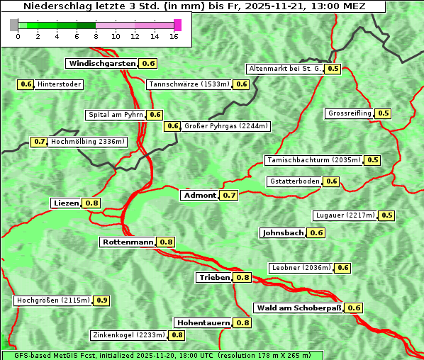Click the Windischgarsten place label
pos(101,64)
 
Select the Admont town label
pos(199,196)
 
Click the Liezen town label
pos(66,203)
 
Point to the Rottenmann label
pos(128,242)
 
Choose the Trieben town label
pos(214,278)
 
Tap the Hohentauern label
pos(203,323)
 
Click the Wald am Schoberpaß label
pos(298,308)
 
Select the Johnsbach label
pos(283,233)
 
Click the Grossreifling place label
pos(350,113)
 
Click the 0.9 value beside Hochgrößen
pos(101,300)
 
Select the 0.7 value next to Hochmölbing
pos(40,142)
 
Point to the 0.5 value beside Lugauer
pos(386,215)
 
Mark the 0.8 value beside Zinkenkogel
pos(177,335)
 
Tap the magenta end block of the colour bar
pos(177,25)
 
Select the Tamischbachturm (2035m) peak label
pos(313,160)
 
